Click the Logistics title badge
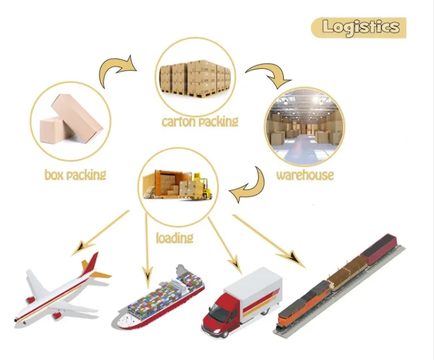point(359,27)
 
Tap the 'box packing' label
point(75,174)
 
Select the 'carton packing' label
point(199,121)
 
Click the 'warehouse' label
point(305,175)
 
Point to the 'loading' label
point(174,237)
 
